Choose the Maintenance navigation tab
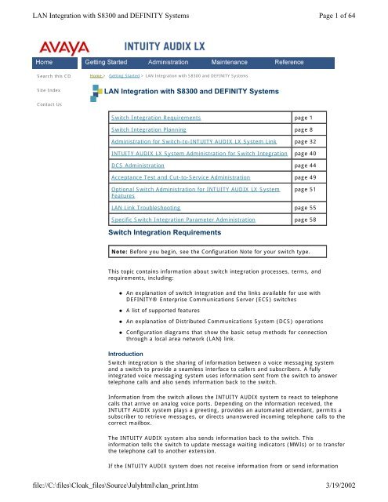tap(232, 61)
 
